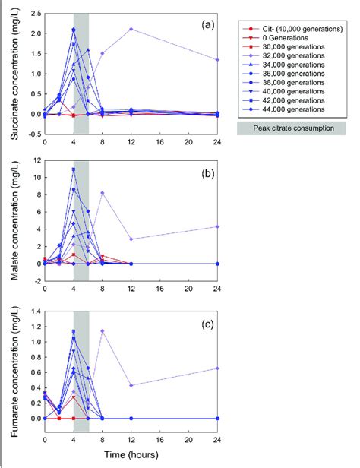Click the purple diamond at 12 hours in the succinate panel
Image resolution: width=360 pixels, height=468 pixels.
point(131,29)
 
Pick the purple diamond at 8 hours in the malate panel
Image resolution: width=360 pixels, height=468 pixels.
point(103,193)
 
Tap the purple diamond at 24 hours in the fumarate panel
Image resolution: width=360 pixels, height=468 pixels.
point(219,368)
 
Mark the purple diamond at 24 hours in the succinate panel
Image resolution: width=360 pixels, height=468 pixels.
point(219,60)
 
